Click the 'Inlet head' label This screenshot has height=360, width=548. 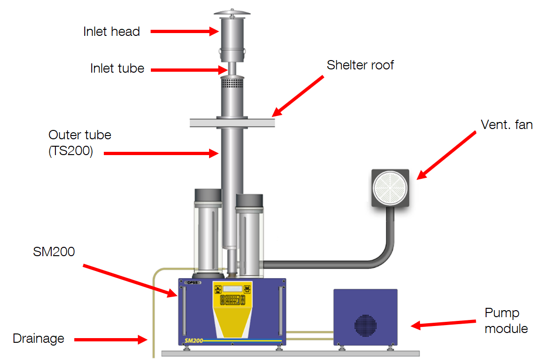pos(111,32)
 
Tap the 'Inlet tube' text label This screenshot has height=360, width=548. pos(117,69)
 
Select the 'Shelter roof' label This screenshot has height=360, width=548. pos(360,65)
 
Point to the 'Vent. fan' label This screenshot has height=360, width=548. pos(506,124)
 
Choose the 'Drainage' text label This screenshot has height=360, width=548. pos(38,338)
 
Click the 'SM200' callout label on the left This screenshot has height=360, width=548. pos(54,251)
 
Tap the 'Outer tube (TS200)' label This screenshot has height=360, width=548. pos(80,143)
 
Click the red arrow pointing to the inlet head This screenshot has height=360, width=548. pos(184,32)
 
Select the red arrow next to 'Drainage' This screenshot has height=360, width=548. pos(110,340)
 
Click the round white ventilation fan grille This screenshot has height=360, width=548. pos(390,188)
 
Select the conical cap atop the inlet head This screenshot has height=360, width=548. pos(232,13)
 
